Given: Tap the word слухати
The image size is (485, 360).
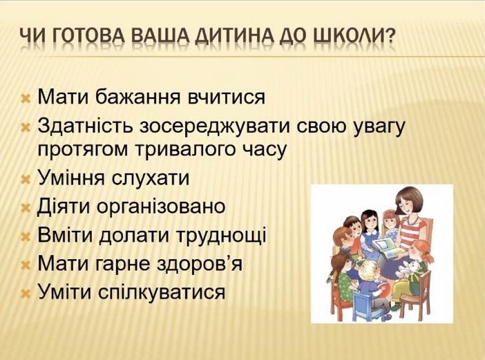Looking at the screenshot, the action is click(150, 179).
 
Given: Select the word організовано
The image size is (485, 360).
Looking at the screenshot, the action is click(161, 207).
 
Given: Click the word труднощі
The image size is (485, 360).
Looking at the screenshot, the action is click(221, 236).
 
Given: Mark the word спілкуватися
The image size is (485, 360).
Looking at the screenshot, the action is click(162, 292).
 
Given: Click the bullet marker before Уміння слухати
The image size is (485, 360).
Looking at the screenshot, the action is click(26, 180).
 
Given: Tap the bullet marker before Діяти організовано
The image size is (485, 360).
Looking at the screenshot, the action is click(26, 208).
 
